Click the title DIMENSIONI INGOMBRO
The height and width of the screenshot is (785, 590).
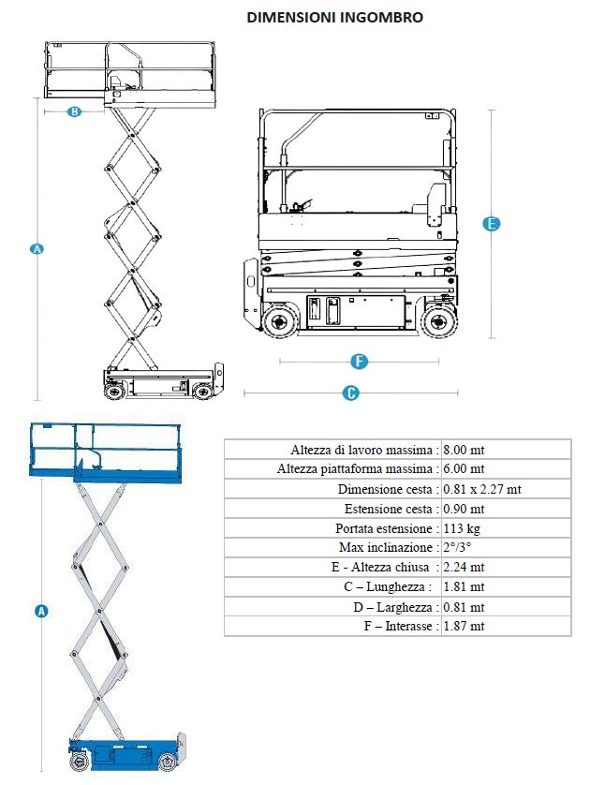pos(334,17)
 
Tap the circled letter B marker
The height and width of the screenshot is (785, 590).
pos(75,112)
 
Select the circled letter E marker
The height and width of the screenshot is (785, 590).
pos(491,224)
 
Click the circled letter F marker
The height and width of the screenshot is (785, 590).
pos(359,361)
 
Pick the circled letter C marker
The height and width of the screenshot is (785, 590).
pos(351,393)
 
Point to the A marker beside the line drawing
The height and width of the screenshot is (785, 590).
pos(37,249)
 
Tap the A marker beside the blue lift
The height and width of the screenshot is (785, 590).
pos(41,611)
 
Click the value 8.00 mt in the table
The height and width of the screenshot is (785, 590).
pos(464,450)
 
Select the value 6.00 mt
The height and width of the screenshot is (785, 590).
pos(464,469)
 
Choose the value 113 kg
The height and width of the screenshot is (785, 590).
pos(461,528)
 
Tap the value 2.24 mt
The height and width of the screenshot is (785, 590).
pos(464,568)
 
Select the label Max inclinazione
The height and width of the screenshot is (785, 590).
pos(385,548)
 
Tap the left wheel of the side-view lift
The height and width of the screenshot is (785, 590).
pos(278,322)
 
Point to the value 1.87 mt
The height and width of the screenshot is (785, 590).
pos(464,626)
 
